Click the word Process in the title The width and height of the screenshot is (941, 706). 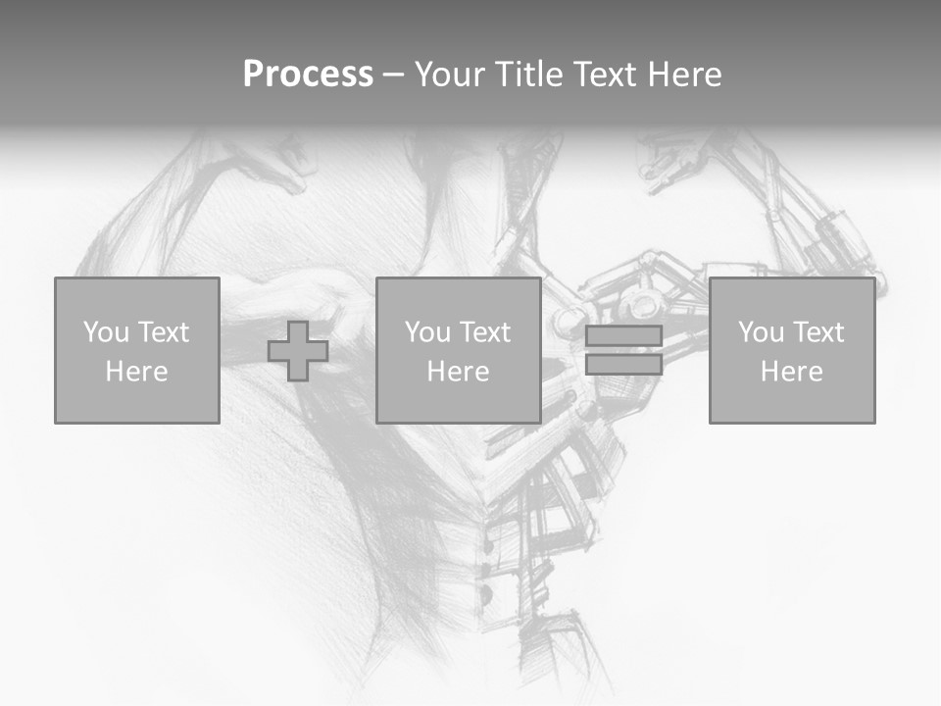(x=308, y=75)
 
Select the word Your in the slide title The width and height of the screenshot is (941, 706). (x=446, y=75)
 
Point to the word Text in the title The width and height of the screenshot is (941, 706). (x=605, y=75)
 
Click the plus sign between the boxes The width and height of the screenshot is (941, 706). (x=298, y=351)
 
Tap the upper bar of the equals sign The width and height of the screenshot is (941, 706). (x=623, y=336)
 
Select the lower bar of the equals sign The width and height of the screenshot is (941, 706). (x=623, y=365)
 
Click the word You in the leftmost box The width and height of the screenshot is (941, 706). (x=106, y=331)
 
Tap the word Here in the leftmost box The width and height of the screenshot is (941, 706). (x=136, y=372)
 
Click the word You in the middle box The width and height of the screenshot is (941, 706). (x=427, y=331)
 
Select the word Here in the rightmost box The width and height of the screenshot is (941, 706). (x=791, y=372)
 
